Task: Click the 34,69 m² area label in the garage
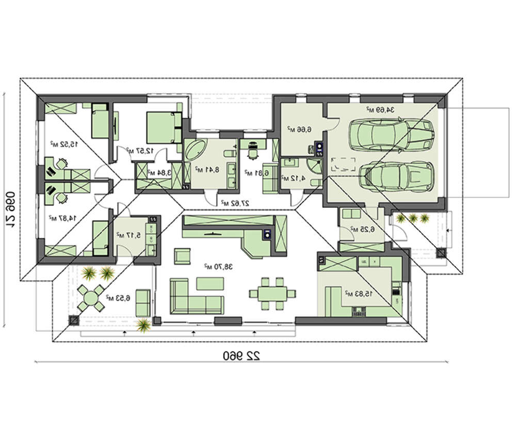pyautogui.click(x=380, y=109)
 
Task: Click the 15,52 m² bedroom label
pyautogui.click(x=64, y=143)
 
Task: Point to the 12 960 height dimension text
pyautogui.click(x=11, y=208)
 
